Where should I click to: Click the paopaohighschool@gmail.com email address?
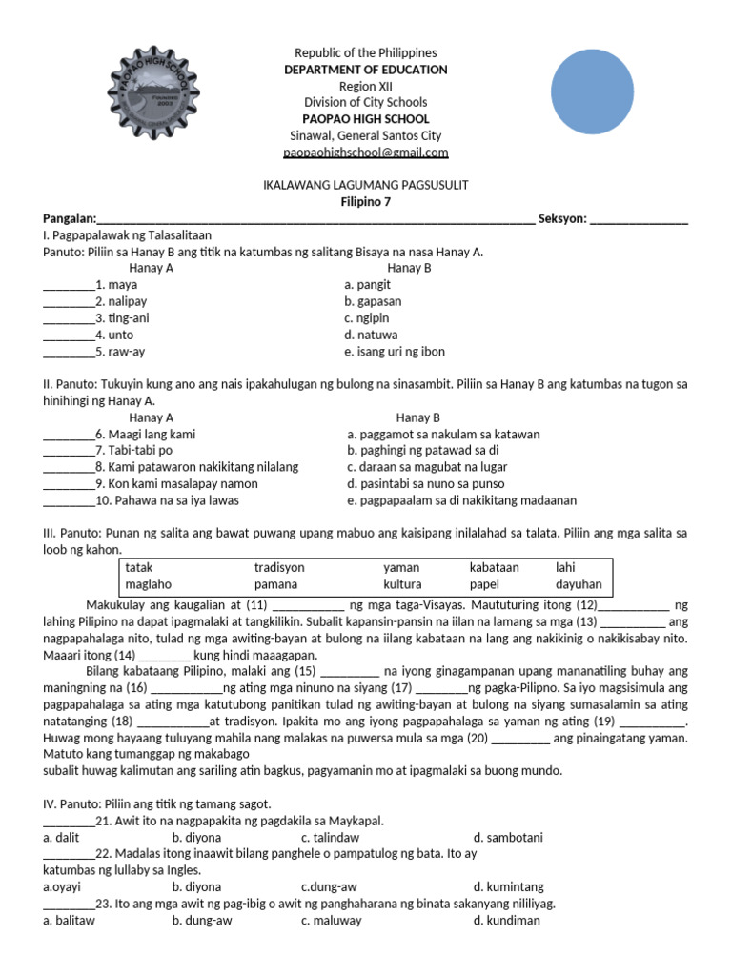pyautogui.click(x=365, y=152)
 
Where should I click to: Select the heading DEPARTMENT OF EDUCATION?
pyautogui.click(x=365, y=70)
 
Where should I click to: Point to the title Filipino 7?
pyautogui.click(x=365, y=202)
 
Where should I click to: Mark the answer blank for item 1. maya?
pyautogui.click(x=69, y=285)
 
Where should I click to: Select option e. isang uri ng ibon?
pyautogui.click(x=395, y=352)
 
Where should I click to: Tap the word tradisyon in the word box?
pyautogui.click(x=279, y=567)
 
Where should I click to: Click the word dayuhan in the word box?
pyautogui.click(x=579, y=584)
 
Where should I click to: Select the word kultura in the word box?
pyautogui.click(x=402, y=584)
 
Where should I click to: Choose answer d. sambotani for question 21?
pyautogui.click(x=508, y=838)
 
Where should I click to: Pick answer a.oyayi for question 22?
pyautogui.click(x=62, y=887)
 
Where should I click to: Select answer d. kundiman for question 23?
pyautogui.click(x=506, y=921)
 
